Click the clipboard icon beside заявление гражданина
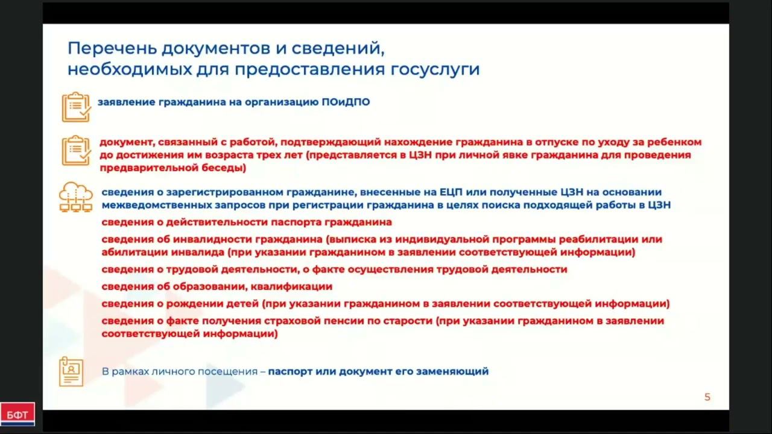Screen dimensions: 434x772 pyautogui.click(x=76, y=107)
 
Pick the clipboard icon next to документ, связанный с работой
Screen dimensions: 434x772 pyautogui.click(x=76, y=150)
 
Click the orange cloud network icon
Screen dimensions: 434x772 pyautogui.click(x=76, y=197)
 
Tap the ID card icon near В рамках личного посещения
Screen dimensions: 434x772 pyautogui.click(x=71, y=371)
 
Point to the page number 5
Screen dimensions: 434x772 pyautogui.click(x=707, y=397)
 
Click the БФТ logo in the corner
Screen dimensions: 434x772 pyautogui.click(x=17, y=414)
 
